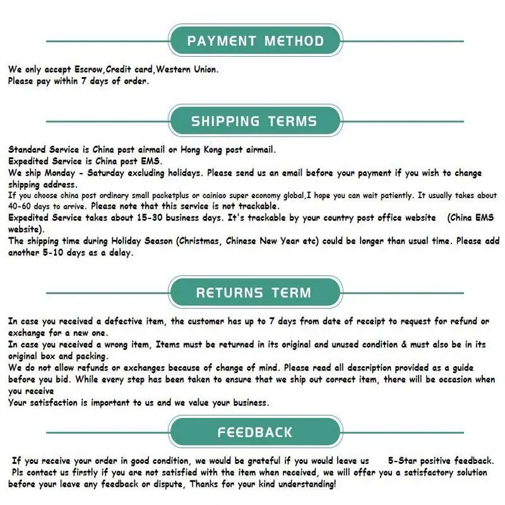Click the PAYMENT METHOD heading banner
point(255,42)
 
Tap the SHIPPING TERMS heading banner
point(255,121)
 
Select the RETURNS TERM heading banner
point(253,293)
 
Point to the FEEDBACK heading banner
point(255,432)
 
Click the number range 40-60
point(22,206)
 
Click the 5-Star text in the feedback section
point(404,461)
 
